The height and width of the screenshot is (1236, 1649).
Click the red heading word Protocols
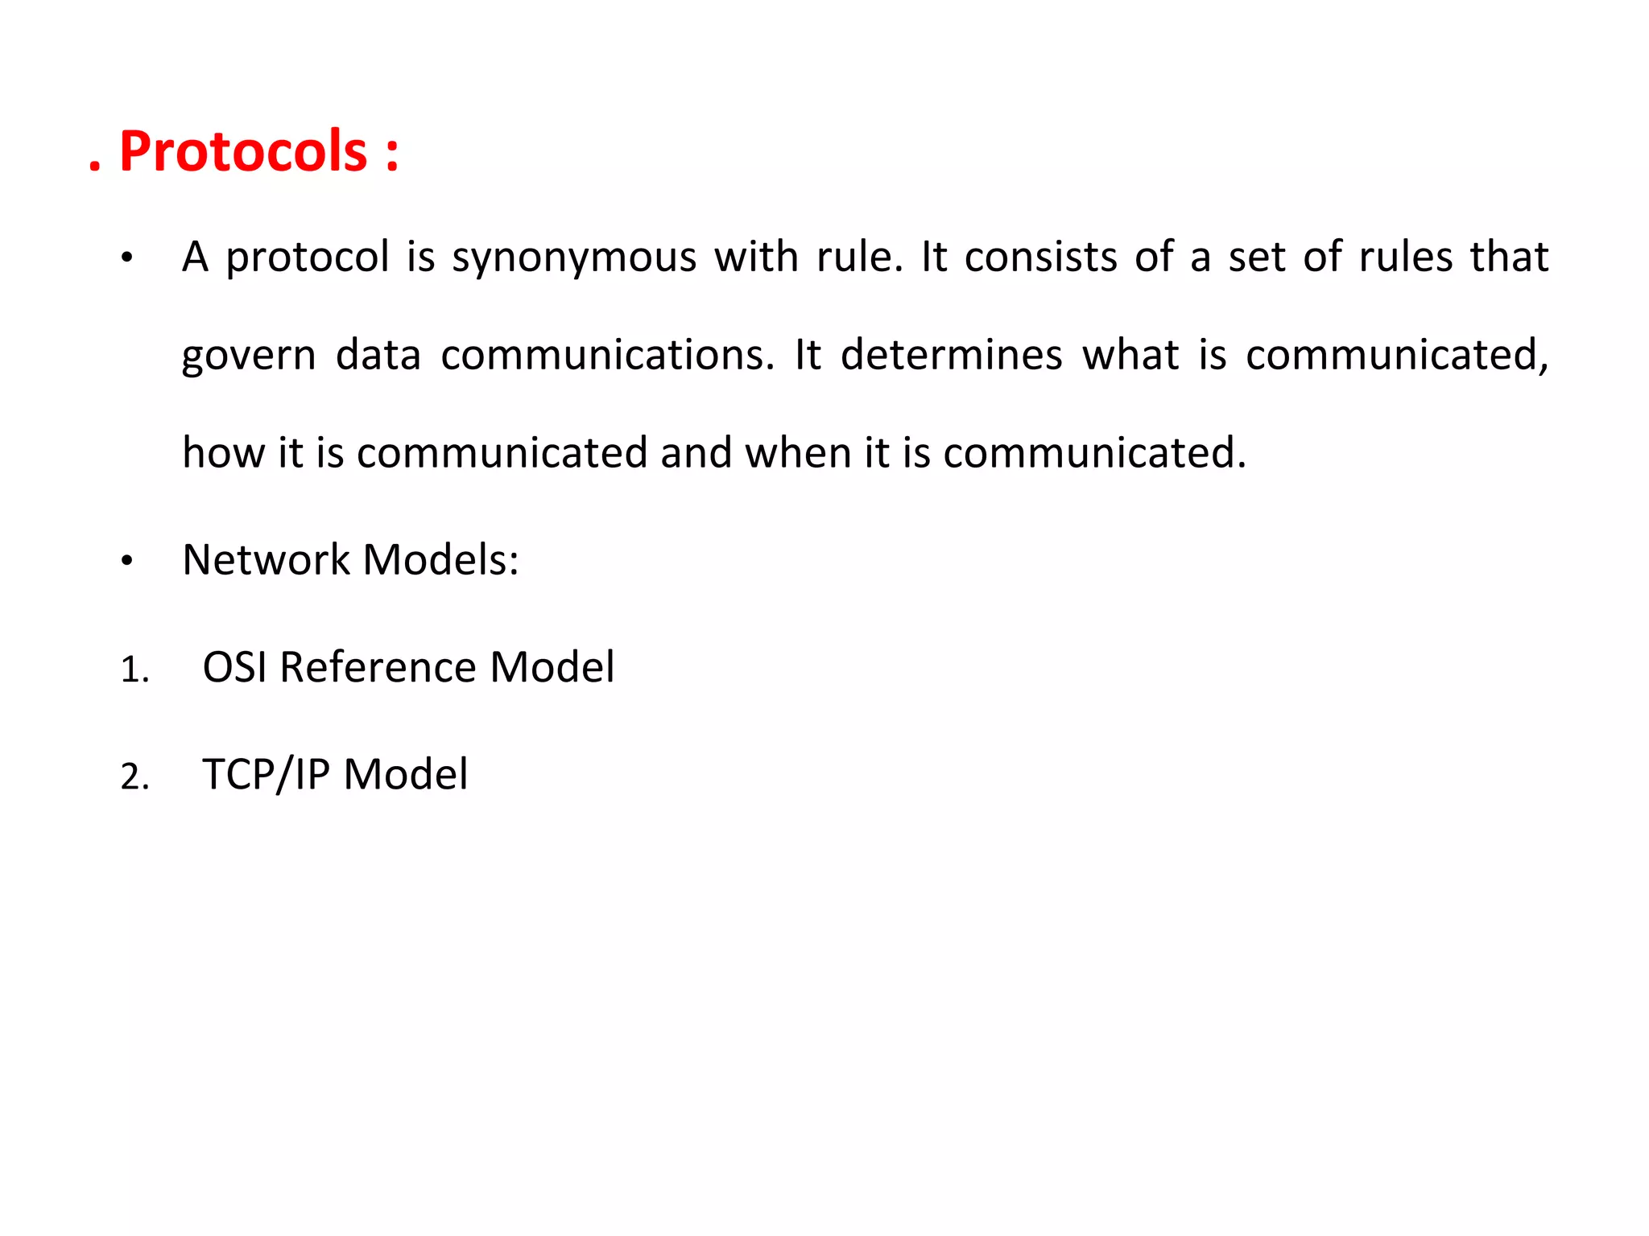coord(243,151)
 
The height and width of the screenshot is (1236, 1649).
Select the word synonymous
coord(573,258)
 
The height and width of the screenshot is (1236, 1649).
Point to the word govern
coord(248,356)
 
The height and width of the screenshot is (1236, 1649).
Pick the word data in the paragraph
coord(378,355)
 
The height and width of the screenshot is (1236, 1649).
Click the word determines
coord(951,355)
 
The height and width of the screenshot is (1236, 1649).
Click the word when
coord(797,452)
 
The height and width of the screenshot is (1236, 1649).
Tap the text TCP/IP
coord(266,774)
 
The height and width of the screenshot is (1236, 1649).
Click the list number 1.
coord(134,670)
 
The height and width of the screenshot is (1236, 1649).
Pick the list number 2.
coord(134,777)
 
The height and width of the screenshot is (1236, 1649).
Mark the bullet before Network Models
coord(126,562)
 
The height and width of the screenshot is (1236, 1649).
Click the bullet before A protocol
coord(126,259)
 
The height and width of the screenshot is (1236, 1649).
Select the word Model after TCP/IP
coord(405,774)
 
